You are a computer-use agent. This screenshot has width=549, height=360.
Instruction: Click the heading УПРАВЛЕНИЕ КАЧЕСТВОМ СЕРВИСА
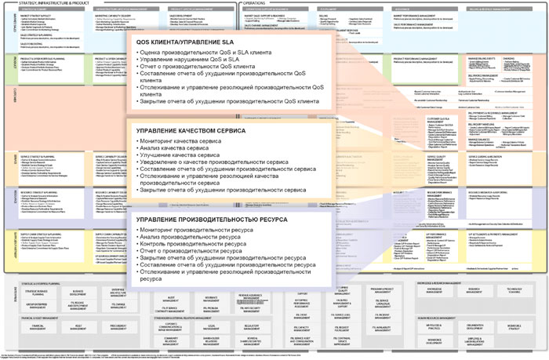coord(191,130)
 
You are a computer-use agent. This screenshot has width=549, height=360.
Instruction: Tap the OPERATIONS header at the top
coord(259,3)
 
